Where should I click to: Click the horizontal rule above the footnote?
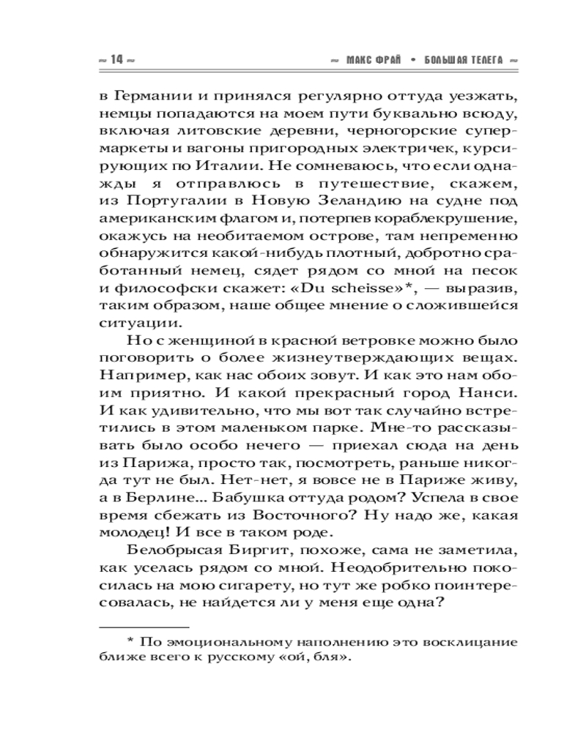tap(143, 627)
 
